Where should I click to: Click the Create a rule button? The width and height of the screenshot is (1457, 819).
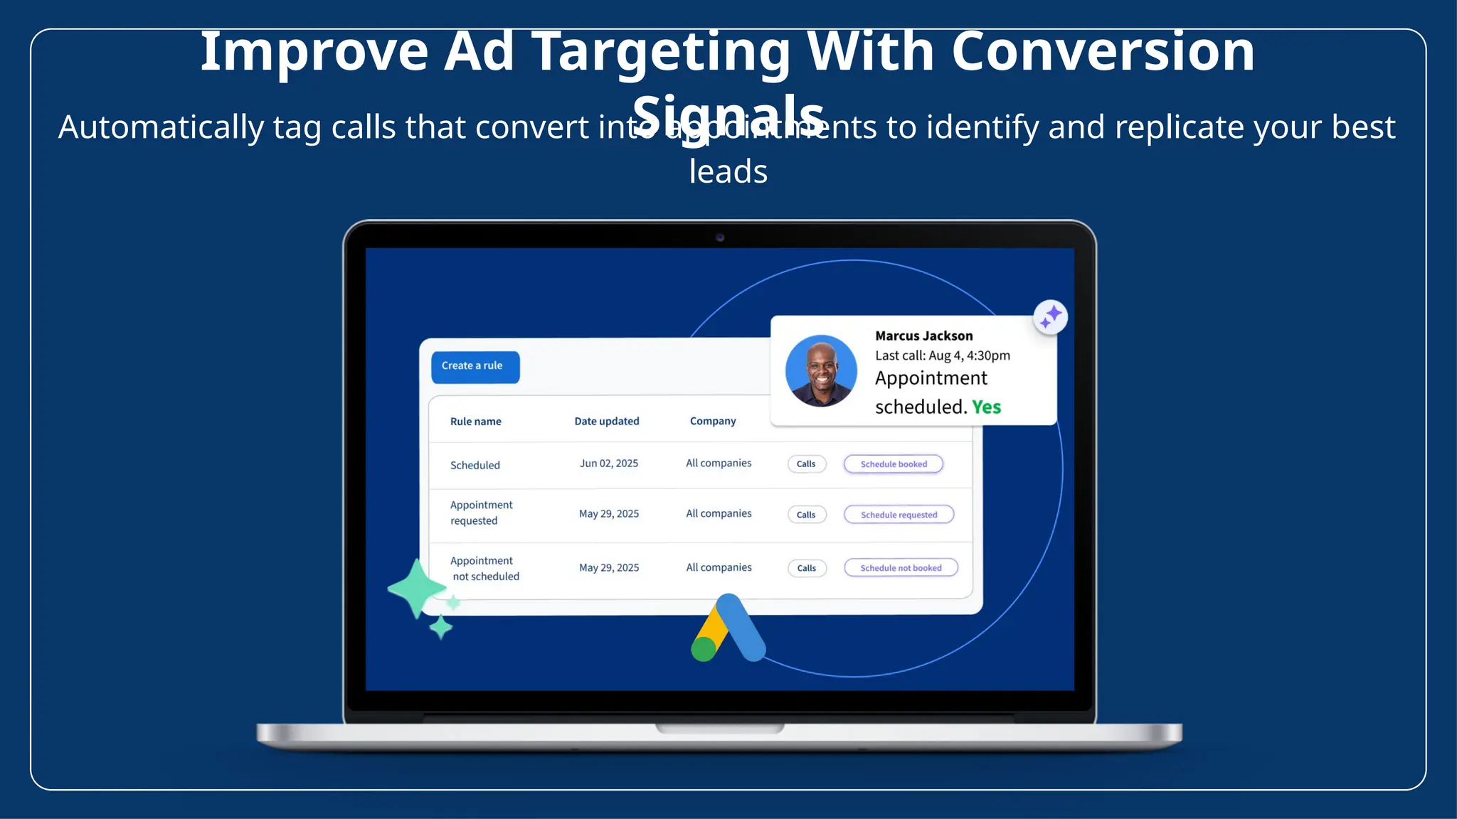(x=475, y=367)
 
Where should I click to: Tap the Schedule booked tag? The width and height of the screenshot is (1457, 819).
(x=894, y=464)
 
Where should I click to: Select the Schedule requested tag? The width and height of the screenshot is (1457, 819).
(x=899, y=515)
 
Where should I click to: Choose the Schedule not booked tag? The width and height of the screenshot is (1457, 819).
(x=901, y=568)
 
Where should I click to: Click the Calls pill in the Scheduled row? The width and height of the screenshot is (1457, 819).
(x=806, y=464)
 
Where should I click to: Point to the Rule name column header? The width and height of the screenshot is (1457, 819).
(x=475, y=422)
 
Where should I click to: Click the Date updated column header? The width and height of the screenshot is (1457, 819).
(x=607, y=421)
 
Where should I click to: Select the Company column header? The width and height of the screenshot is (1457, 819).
(x=713, y=421)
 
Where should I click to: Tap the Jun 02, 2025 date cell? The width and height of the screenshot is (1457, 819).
(x=609, y=464)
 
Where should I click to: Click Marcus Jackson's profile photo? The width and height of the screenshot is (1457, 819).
(x=821, y=370)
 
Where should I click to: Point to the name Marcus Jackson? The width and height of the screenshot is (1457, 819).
(x=923, y=336)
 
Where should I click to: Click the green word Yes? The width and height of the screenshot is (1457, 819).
(x=987, y=407)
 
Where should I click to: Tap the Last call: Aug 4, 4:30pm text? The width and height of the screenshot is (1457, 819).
(x=942, y=355)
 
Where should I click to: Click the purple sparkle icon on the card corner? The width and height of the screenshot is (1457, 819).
(x=1050, y=317)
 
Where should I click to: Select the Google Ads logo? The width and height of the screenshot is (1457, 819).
(x=728, y=629)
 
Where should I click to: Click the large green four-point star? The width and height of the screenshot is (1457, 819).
(x=417, y=589)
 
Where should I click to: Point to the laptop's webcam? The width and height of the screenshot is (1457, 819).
(x=720, y=237)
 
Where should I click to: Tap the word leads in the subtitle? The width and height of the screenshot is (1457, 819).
(x=728, y=172)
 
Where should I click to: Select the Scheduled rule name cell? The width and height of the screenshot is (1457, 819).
(x=475, y=465)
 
